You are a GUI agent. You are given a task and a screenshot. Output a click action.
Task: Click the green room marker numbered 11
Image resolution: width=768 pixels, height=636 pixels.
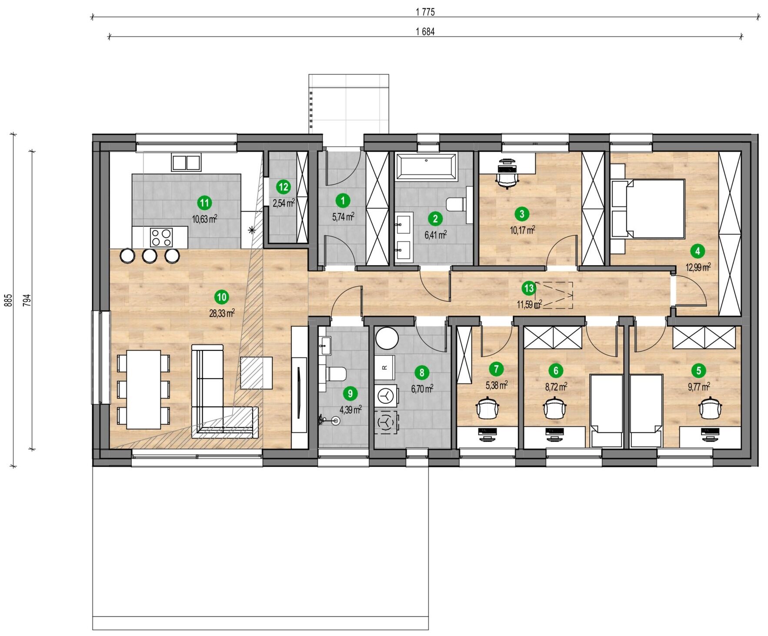[x=204, y=203]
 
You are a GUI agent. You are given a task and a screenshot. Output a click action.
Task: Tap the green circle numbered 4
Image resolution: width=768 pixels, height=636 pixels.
[x=698, y=251]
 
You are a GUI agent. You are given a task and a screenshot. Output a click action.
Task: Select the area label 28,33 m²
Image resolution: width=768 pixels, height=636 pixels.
[x=222, y=313]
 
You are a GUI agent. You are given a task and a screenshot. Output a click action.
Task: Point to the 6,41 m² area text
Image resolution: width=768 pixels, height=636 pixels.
[x=435, y=235]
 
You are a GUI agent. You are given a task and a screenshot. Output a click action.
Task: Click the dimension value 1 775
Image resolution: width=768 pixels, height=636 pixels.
[x=425, y=12]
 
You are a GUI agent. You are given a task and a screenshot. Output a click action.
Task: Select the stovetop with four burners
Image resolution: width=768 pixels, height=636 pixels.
[x=161, y=237]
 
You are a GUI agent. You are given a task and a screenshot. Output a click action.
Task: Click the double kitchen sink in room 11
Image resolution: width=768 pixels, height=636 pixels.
[x=186, y=163]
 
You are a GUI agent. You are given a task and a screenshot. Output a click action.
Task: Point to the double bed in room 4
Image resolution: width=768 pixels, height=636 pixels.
[x=648, y=209]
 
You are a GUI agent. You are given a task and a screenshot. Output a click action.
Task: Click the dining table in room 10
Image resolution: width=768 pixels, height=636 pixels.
[x=144, y=389]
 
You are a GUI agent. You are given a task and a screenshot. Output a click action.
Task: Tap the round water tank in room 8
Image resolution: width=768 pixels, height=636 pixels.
[x=387, y=339]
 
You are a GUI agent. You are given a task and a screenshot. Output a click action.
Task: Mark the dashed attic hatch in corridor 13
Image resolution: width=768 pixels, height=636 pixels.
[x=554, y=295]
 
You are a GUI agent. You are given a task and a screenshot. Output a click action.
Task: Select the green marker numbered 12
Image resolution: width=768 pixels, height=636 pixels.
[x=283, y=187]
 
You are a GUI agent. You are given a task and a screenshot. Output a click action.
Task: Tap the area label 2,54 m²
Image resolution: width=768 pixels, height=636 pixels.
[x=284, y=203]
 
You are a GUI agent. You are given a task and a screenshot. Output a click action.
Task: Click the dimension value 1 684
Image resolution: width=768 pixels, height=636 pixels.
[x=425, y=32]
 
